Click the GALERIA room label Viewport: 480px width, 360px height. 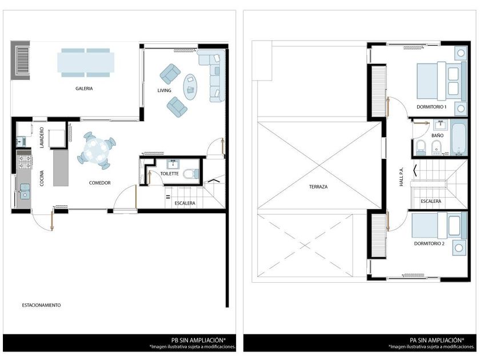coord(84,89)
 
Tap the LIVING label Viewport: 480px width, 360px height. coord(164,90)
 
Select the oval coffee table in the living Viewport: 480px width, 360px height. coord(190,87)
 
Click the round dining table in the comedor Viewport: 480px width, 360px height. coord(97,150)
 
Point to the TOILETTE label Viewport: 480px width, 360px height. coord(169,174)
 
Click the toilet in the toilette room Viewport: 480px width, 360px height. coord(191,174)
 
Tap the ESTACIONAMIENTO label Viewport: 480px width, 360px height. coord(41,305)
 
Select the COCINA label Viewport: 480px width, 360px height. coord(42,178)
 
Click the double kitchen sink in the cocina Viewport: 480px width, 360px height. coord(25,191)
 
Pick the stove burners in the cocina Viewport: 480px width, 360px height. coord(25,162)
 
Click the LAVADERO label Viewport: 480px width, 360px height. coord(42,138)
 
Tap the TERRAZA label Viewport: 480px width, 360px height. coord(318,186)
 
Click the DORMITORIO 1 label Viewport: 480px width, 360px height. coord(431,107)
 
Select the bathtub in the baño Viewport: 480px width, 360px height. coord(459,138)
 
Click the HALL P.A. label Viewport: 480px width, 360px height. coord(401,177)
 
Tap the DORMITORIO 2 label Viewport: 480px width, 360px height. coord(429,243)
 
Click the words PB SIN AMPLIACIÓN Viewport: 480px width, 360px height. coord(198,340)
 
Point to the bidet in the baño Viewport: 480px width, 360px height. coord(437,147)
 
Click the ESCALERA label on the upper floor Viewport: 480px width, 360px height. coord(431,201)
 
